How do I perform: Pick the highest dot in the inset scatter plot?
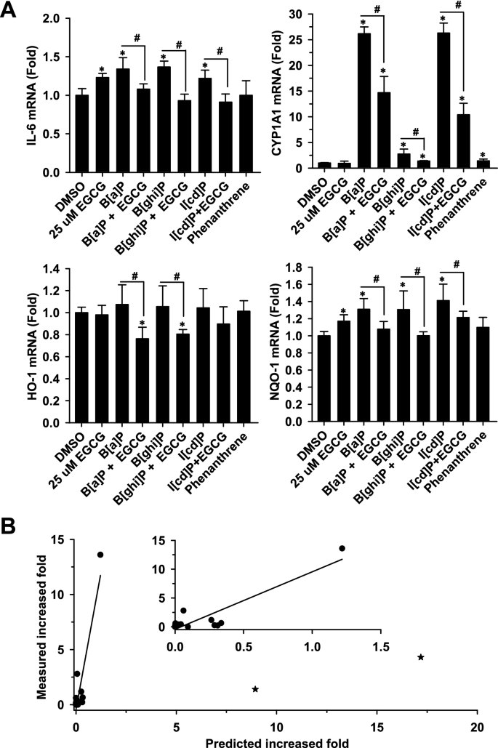tap(342, 548)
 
